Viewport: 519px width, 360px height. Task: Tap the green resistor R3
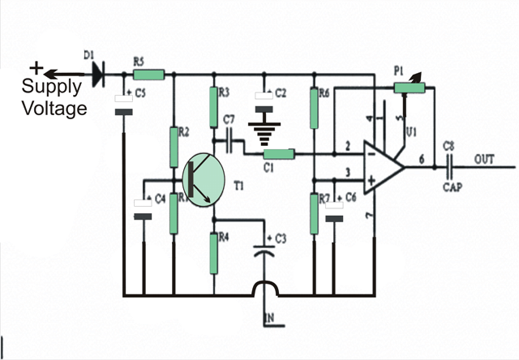click(214, 103)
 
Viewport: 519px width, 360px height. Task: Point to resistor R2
click(173, 144)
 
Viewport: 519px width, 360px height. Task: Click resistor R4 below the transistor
click(214, 251)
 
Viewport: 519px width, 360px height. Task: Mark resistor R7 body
click(315, 213)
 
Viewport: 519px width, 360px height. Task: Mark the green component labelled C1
click(279, 154)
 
